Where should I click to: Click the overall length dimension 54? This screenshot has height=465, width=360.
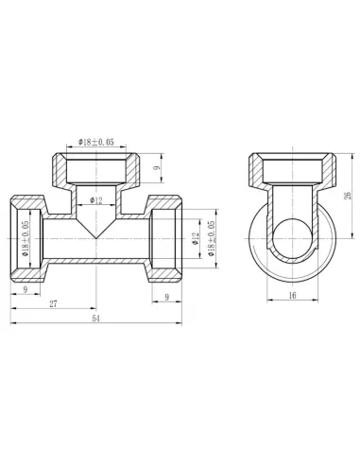[x=96, y=319]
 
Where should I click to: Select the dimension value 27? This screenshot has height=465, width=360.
[x=53, y=302]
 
